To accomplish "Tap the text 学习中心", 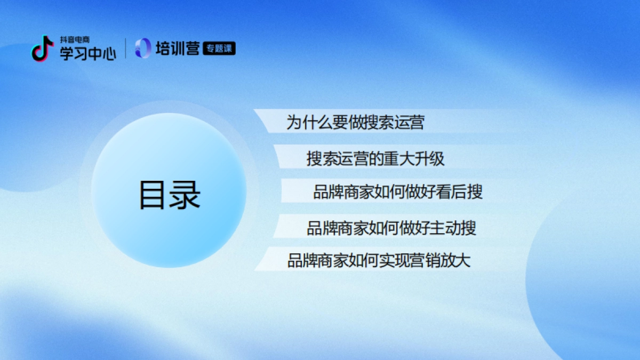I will click(87, 53).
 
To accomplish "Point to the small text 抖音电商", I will click(74, 40).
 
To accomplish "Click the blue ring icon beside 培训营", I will click(143, 49).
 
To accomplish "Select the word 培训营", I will click(178, 49).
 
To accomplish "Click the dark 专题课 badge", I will click(219, 49).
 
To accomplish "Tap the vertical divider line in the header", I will click(126, 49).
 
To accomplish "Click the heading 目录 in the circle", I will click(170, 195).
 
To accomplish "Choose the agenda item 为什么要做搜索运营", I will click(355, 123).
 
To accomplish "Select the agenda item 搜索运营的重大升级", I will click(375, 158).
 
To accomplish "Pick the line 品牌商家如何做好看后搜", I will click(398, 192).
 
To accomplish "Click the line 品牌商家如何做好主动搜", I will click(391, 228).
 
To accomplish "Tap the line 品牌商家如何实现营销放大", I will click(379, 261).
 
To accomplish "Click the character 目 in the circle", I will click(154, 195).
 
